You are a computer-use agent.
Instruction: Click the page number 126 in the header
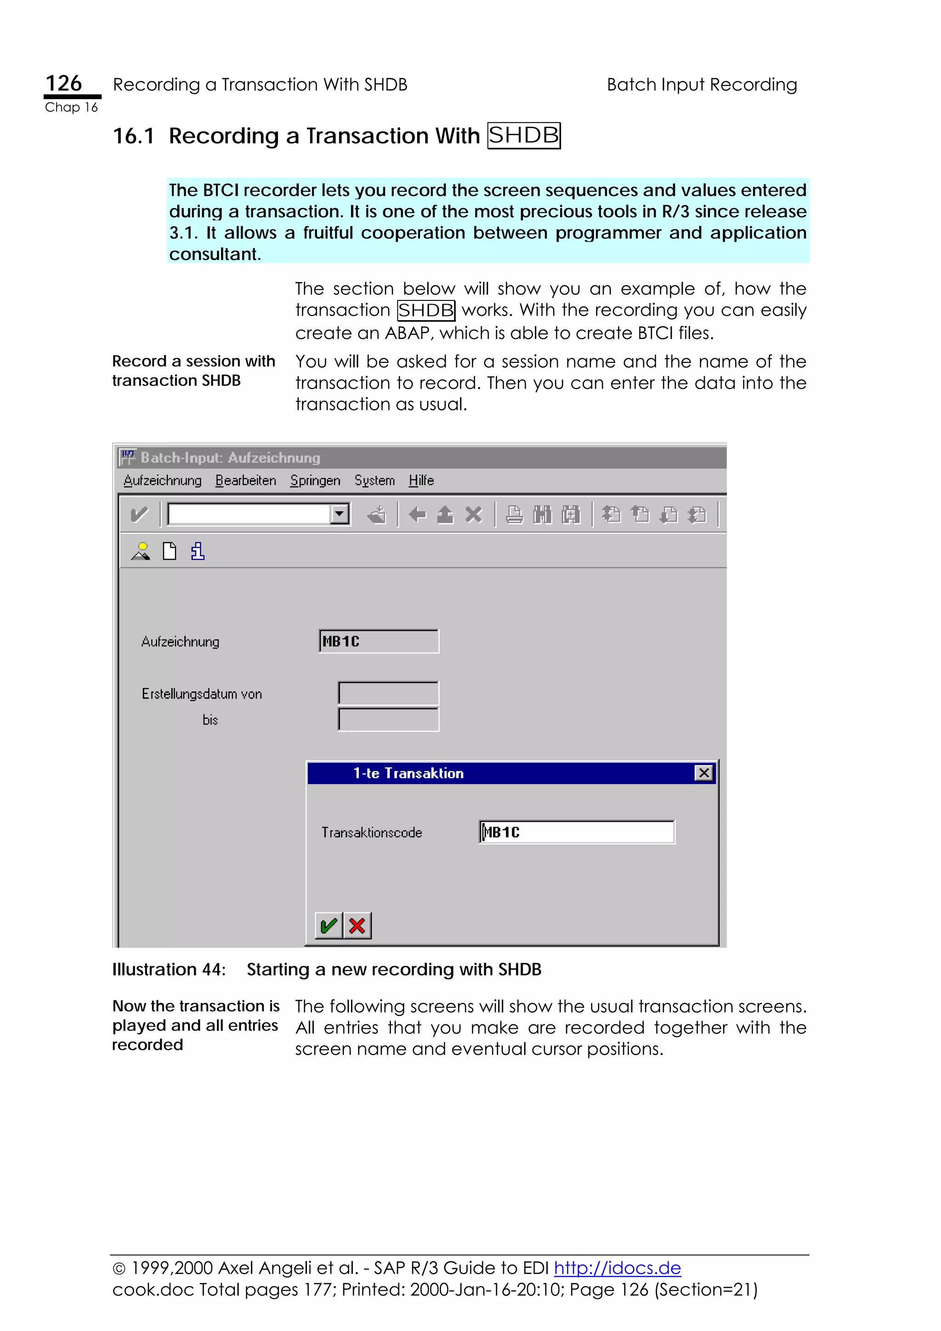pos(64,84)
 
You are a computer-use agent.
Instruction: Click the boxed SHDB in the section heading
pos(523,135)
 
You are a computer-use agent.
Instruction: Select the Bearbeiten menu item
pos(245,480)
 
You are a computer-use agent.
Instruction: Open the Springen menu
pos(315,480)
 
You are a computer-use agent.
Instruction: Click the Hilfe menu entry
pos(421,480)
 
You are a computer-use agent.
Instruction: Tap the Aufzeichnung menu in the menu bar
pos(162,480)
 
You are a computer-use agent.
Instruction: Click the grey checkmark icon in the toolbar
pos(139,514)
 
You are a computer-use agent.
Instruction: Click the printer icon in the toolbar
pos(514,514)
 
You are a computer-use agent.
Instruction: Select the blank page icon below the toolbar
pos(169,551)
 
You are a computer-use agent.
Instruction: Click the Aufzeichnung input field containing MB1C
pos(379,641)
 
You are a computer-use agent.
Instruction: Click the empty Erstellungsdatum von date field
pos(388,694)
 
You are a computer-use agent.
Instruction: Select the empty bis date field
pos(388,719)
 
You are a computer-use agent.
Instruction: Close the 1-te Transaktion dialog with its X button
pos(703,773)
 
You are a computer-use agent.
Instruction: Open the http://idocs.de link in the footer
pos(617,1268)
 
